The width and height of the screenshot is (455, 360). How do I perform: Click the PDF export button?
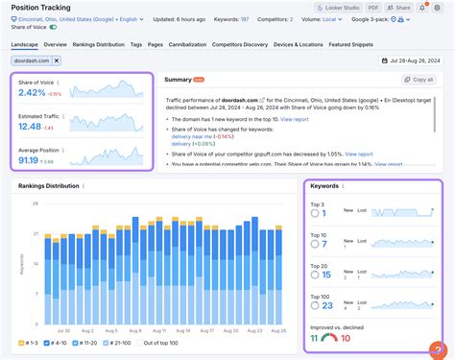click(x=347, y=7)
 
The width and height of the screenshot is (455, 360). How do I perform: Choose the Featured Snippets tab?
click(x=407, y=44)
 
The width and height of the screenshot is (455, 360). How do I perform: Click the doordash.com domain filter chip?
click(x=32, y=60)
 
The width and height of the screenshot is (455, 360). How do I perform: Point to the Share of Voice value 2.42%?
click(x=32, y=94)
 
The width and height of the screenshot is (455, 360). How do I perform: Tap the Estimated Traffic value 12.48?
click(x=30, y=126)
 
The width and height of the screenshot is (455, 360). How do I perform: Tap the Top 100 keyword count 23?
click(x=327, y=305)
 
